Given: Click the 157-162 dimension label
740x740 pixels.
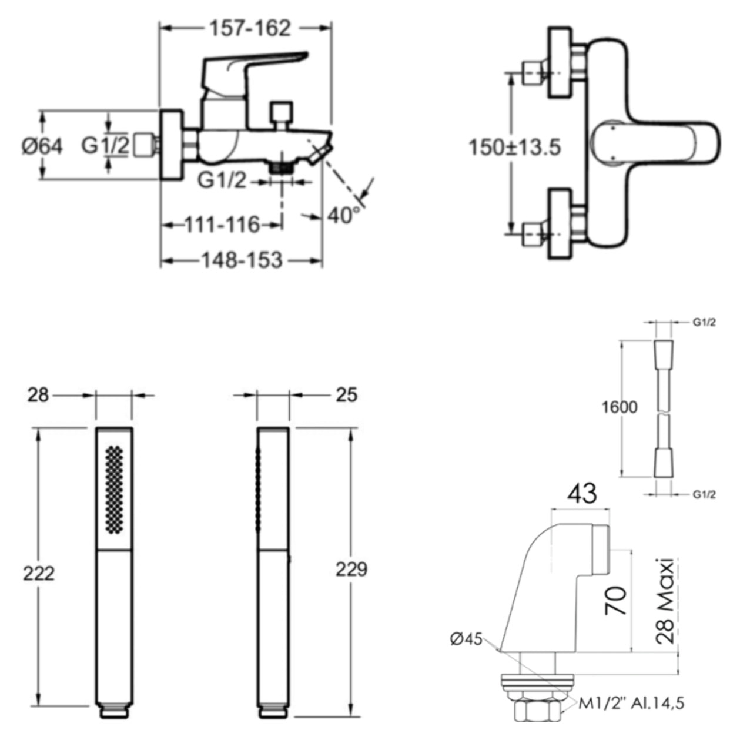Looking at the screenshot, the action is coord(250,28).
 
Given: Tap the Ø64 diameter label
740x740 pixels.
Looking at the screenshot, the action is coord(42,146).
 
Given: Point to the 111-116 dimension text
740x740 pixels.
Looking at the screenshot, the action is coord(223,225).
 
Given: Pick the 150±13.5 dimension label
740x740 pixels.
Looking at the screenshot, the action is coord(514,148).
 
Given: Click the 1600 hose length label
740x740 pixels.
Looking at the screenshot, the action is coord(619,407).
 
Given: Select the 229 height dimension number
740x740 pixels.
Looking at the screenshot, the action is coord(351,570).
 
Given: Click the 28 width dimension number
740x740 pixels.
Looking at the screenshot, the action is coord(38,395).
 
